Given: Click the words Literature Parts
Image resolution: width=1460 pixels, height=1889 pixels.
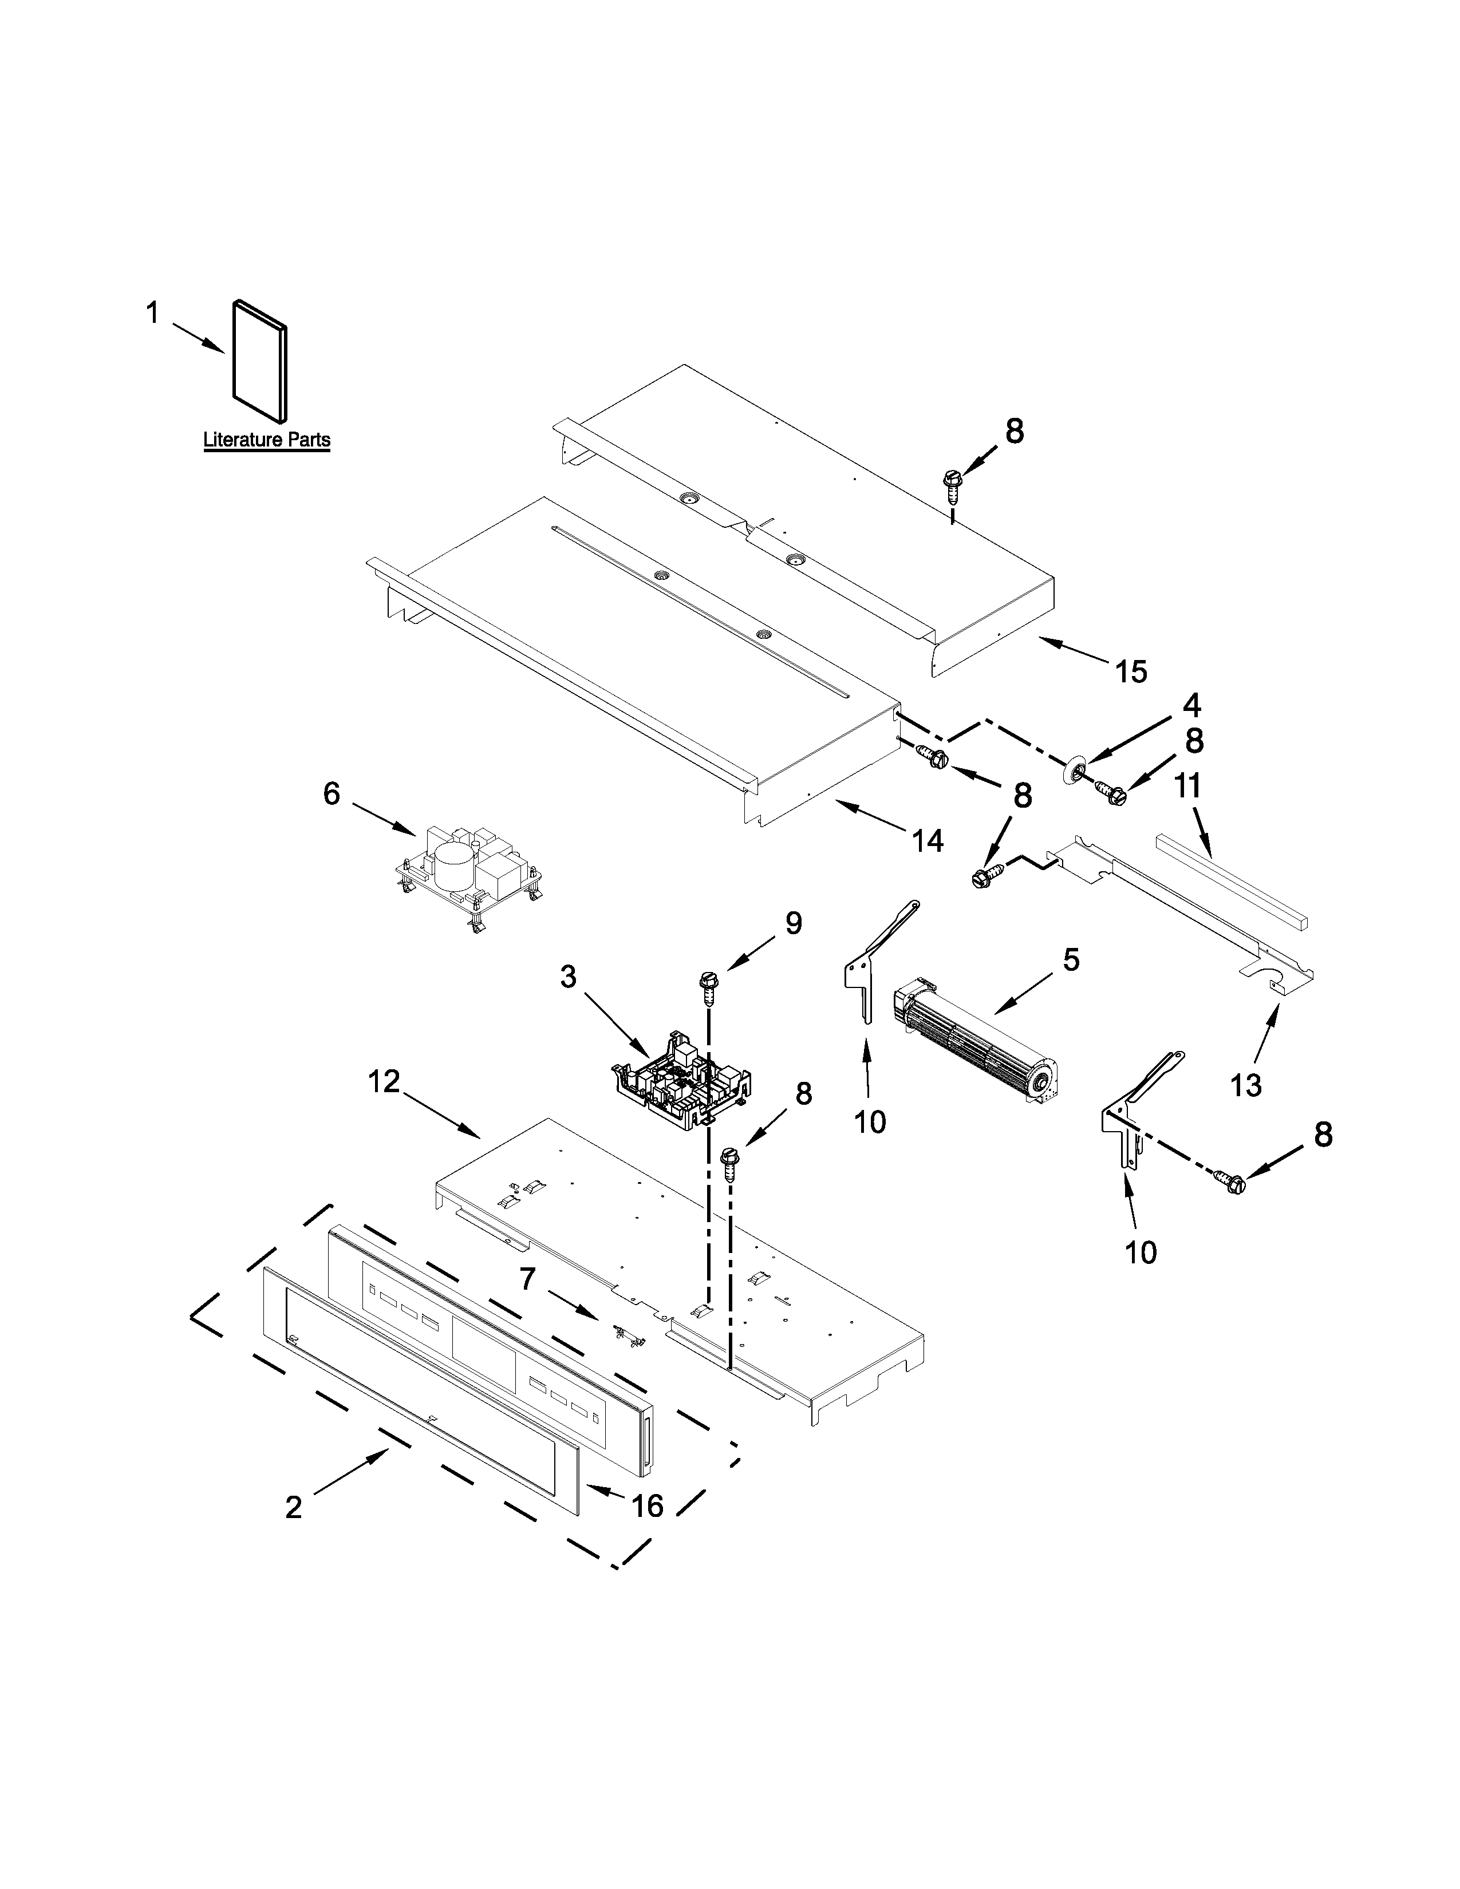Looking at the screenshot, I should click(266, 440).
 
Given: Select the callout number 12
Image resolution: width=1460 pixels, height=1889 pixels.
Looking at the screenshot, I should click(385, 1082).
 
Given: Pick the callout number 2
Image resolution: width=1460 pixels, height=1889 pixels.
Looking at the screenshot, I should click(294, 1508).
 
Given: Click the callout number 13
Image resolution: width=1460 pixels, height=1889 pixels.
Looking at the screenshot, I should click(1245, 1085).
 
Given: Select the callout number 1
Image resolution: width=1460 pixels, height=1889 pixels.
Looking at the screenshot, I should click(152, 313).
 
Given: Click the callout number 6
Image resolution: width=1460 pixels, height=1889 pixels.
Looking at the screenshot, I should click(332, 793).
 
